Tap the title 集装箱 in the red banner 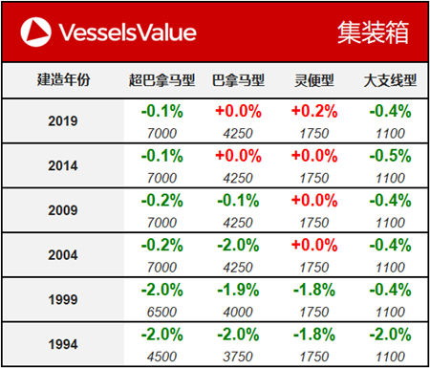click(x=373, y=32)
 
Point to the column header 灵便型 click(x=314, y=80)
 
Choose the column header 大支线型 click(x=388, y=80)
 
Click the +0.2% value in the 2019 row click(x=314, y=111)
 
